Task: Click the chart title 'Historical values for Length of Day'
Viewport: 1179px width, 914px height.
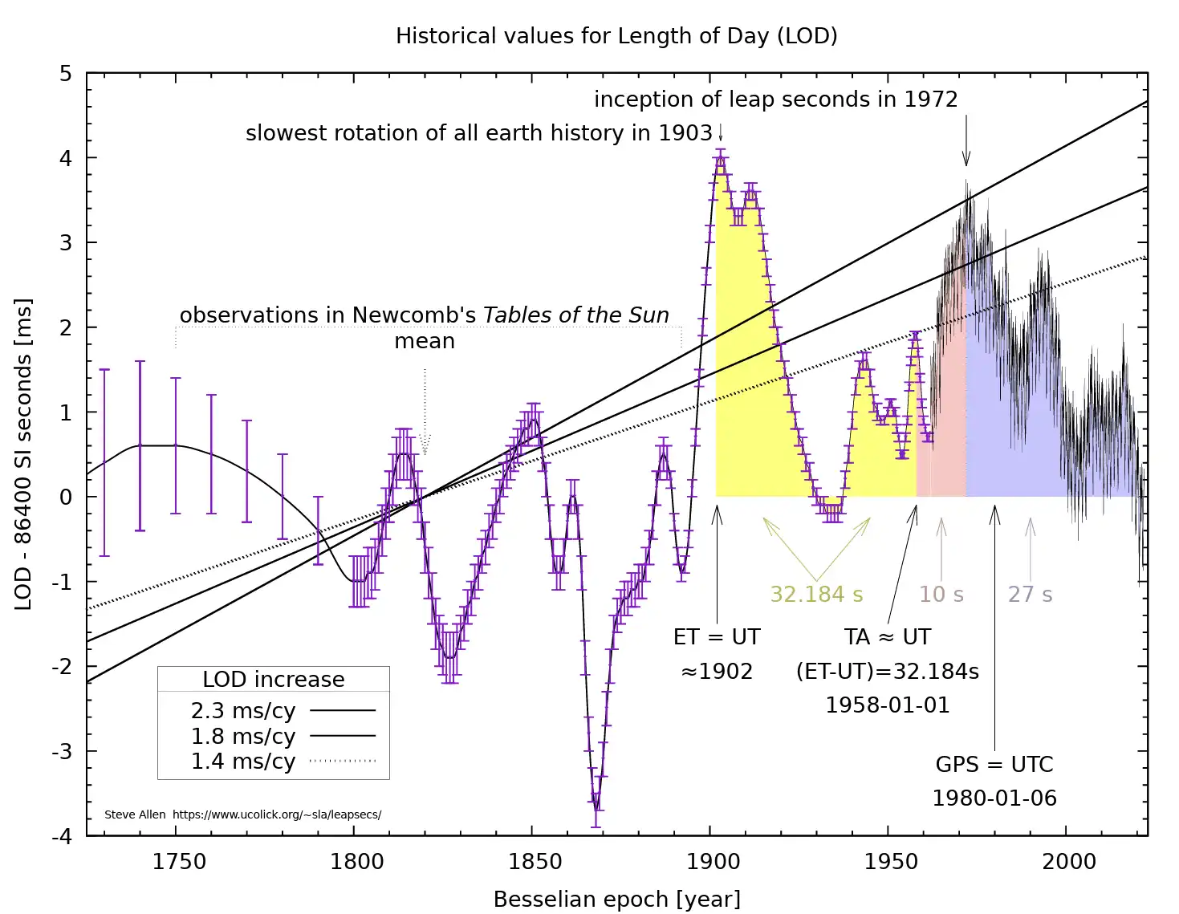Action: (x=616, y=36)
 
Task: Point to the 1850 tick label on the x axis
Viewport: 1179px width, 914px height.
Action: (x=535, y=862)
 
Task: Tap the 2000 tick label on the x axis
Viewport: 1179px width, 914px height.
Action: (x=1068, y=862)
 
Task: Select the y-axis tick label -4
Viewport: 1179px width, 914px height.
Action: (x=62, y=836)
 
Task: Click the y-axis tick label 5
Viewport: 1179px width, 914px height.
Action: (x=66, y=74)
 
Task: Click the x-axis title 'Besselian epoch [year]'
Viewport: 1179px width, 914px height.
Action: (x=616, y=899)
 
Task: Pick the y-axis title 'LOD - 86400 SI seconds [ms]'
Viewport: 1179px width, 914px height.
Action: (x=23, y=454)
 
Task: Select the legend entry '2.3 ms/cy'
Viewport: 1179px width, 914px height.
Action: (x=243, y=711)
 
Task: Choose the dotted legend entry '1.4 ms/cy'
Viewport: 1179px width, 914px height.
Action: (x=243, y=761)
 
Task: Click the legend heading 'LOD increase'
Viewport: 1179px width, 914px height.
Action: (x=273, y=680)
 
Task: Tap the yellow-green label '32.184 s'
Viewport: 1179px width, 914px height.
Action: (x=816, y=595)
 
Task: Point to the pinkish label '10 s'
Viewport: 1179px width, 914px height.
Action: (x=941, y=595)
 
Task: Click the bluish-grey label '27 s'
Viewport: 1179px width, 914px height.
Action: (x=1030, y=595)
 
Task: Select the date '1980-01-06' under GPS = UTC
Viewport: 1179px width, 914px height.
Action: (x=994, y=798)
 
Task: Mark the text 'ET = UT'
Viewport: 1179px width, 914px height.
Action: (x=716, y=637)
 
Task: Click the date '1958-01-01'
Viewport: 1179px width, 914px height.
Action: (x=887, y=705)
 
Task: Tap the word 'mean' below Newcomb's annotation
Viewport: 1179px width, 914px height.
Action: (x=424, y=341)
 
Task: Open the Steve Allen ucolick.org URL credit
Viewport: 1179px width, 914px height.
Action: (x=276, y=814)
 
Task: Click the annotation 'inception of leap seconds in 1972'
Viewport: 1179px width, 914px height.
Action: (x=775, y=100)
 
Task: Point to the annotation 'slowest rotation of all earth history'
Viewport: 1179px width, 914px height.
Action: (x=478, y=133)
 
